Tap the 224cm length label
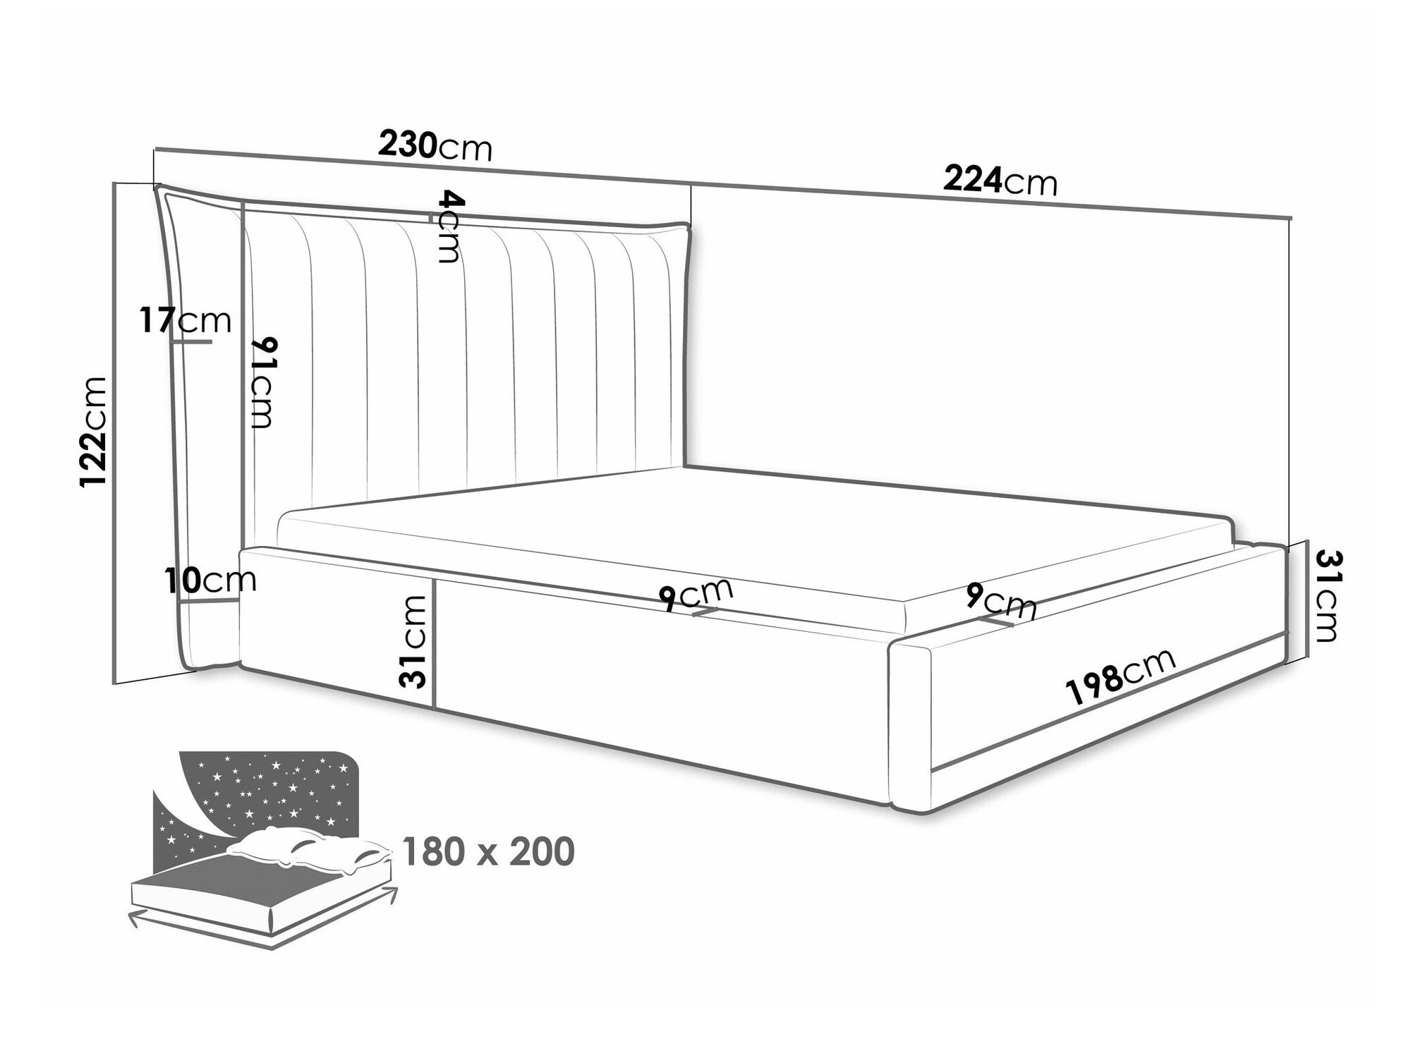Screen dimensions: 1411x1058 coord(1001,182)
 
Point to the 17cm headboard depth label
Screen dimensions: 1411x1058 coord(185,321)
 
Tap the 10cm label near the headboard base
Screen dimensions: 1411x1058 coord(210,580)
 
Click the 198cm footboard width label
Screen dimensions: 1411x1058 coord(1122,676)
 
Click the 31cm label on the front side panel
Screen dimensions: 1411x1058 coord(413,640)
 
